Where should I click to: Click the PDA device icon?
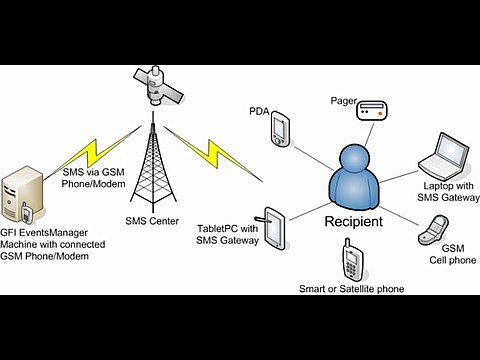[281, 128]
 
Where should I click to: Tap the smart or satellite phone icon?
[352, 263]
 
